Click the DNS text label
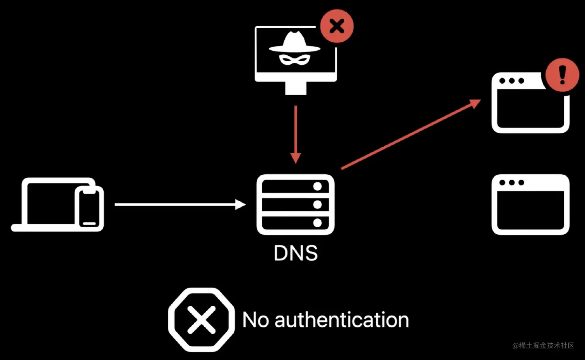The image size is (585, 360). tap(296, 253)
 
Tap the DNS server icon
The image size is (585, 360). tap(296, 204)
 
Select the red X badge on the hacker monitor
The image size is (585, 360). tap(337, 26)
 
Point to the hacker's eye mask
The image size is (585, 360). tap(294, 59)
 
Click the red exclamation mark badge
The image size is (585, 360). tap(562, 75)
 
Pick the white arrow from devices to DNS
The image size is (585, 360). tap(180, 204)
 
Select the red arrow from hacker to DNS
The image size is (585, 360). tap(296, 134)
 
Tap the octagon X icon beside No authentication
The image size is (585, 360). tap(201, 320)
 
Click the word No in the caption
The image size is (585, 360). tap(255, 320)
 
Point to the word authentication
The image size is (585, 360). tap(342, 320)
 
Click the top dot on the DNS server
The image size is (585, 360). tap(318, 186)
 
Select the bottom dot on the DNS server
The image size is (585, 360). tap(318, 223)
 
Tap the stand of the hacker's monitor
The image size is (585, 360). tap(296, 88)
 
